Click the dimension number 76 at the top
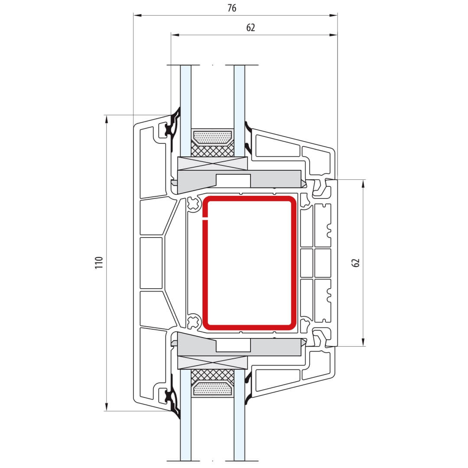[231, 8]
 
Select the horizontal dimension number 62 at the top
[251, 27]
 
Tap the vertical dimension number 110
[99, 263]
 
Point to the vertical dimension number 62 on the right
[356, 263]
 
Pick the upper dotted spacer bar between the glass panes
[212, 137]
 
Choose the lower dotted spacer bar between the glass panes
[212, 389]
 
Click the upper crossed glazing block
[212, 163]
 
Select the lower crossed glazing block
[212, 362]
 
